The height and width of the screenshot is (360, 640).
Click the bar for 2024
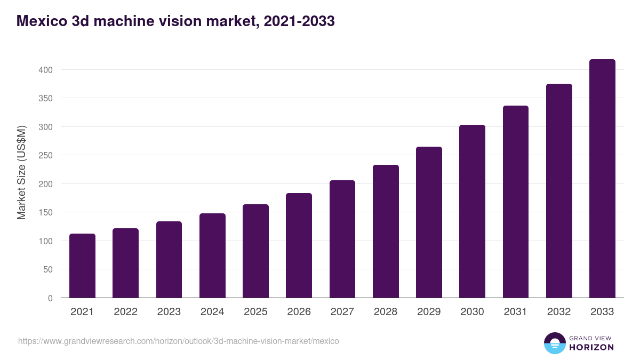coord(212,255)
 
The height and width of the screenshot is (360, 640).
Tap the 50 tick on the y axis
coord(47,269)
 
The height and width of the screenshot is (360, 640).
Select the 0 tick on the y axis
coord(50,298)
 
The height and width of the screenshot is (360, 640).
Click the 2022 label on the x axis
coord(125,312)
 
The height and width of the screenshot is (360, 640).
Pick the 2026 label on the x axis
coord(299,312)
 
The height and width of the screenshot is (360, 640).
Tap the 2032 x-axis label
coord(559,312)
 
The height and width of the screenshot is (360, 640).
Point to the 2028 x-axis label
coord(386,312)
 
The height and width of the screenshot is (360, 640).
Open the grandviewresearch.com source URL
coord(179,341)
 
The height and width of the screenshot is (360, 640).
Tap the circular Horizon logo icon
coord(554,343)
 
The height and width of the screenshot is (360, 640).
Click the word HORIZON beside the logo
coord(591,347)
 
